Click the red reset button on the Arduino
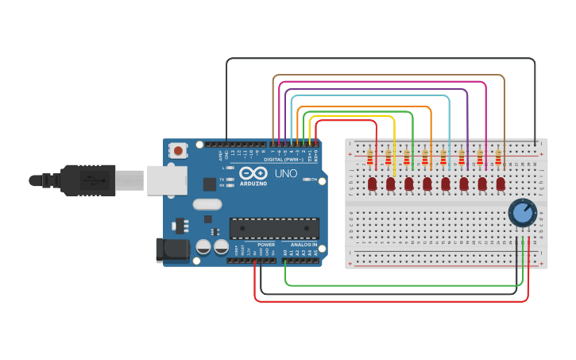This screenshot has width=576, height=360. [179, 150]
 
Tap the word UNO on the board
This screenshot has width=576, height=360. [285, 173]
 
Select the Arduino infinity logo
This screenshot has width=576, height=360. [253, 173]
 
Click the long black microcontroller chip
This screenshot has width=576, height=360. [273, 228]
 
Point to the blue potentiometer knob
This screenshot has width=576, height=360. [522, 213]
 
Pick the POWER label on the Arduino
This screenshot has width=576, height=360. [265, 245]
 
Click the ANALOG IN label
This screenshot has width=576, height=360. [303, 245]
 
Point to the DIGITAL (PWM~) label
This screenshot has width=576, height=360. [284, 160]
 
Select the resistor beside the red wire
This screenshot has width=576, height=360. [370, 157]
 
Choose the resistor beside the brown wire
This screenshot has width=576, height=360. [498, 157]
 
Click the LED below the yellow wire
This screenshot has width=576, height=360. [390, 184]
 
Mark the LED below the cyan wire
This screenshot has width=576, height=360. [445, 184]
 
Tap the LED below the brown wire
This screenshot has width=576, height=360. [501, 184]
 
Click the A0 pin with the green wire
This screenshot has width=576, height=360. [285, 259]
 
